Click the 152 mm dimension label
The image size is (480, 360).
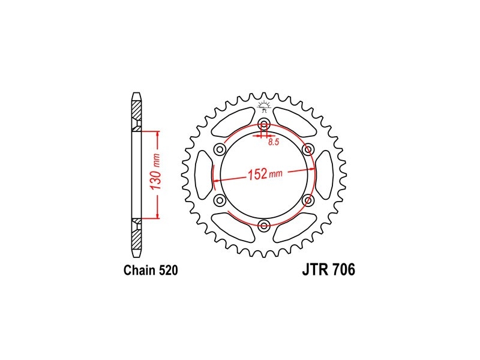(x=265, y=174)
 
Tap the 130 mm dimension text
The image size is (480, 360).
(x=156, y=175)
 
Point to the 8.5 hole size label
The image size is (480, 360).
(x=274, y=142)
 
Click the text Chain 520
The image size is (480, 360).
(x=151, y=271)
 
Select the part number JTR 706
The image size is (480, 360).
(x=329, y=269)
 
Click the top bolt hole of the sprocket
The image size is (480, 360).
(x=264, y=125)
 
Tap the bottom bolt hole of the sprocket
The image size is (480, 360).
(x=264, y=226)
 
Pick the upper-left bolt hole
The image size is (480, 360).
(x=220, y=149)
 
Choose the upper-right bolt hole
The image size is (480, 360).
(x=308, y=149)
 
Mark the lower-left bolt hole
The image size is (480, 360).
(x=220, y=200)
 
